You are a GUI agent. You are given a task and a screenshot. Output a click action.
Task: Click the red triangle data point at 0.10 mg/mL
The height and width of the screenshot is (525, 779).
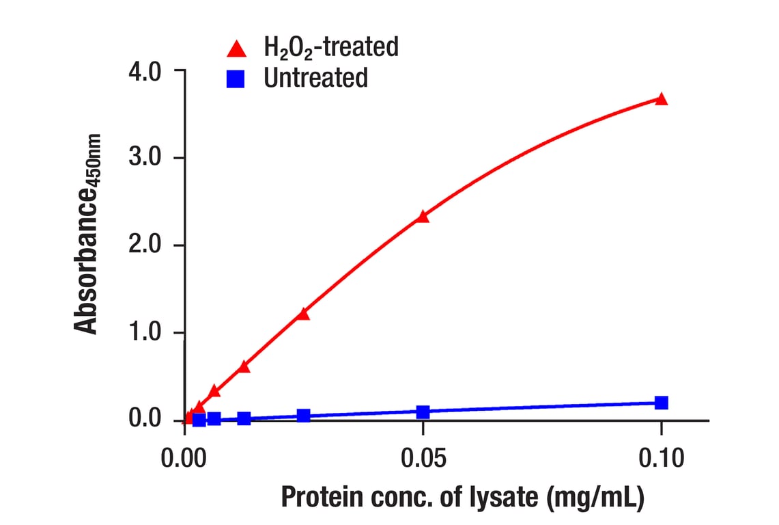click(x=661, y=99)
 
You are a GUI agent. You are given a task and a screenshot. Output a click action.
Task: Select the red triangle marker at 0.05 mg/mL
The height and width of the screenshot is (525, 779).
click(x=423, y=217)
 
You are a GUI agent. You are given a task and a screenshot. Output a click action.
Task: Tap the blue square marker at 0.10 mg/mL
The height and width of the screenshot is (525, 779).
click(x=661, y=403)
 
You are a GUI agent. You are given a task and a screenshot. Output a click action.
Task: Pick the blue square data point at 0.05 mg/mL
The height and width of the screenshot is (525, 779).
click(x=423, y=412)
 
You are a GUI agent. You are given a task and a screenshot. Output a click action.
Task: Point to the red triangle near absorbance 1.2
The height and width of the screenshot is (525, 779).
click(x=303, y=314)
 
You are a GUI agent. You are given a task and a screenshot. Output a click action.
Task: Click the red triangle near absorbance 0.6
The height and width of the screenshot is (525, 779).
click(x=244, y=367)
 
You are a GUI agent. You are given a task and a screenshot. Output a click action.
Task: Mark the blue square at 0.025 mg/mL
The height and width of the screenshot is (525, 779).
click(x=303, y=416)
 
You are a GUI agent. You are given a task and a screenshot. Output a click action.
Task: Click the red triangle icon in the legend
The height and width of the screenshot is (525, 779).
click(x=236, y=49)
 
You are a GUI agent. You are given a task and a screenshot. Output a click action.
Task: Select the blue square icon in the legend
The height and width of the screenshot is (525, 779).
click(x=236, y=79)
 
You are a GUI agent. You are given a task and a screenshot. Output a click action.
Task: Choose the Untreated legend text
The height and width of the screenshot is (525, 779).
click(x=315, y=78)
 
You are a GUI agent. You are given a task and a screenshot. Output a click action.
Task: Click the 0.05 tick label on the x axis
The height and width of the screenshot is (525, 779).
click(x=423, y=457)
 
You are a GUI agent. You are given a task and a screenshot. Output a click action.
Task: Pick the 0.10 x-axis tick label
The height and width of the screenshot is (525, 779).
click(x=661, y=457)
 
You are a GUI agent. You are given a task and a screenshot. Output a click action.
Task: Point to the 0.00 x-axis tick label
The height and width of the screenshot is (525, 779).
click(x=185, y=457)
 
